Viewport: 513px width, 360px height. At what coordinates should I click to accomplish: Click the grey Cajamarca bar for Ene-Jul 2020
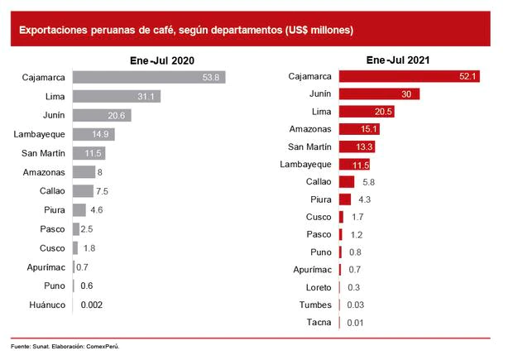coord(149,78)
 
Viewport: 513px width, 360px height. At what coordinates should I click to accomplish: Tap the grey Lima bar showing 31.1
coord(117,97)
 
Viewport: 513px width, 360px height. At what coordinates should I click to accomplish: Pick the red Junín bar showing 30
coord(379,94)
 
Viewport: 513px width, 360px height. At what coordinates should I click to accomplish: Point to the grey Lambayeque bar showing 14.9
coord(93,134)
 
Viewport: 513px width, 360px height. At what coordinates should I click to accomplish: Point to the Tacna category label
coord(319,322)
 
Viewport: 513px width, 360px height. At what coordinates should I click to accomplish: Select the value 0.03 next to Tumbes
coord(357,305)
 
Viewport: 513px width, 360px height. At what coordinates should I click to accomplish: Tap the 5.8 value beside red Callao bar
coord(367,182)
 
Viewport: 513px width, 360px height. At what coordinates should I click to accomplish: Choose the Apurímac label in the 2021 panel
coord(312,270)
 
